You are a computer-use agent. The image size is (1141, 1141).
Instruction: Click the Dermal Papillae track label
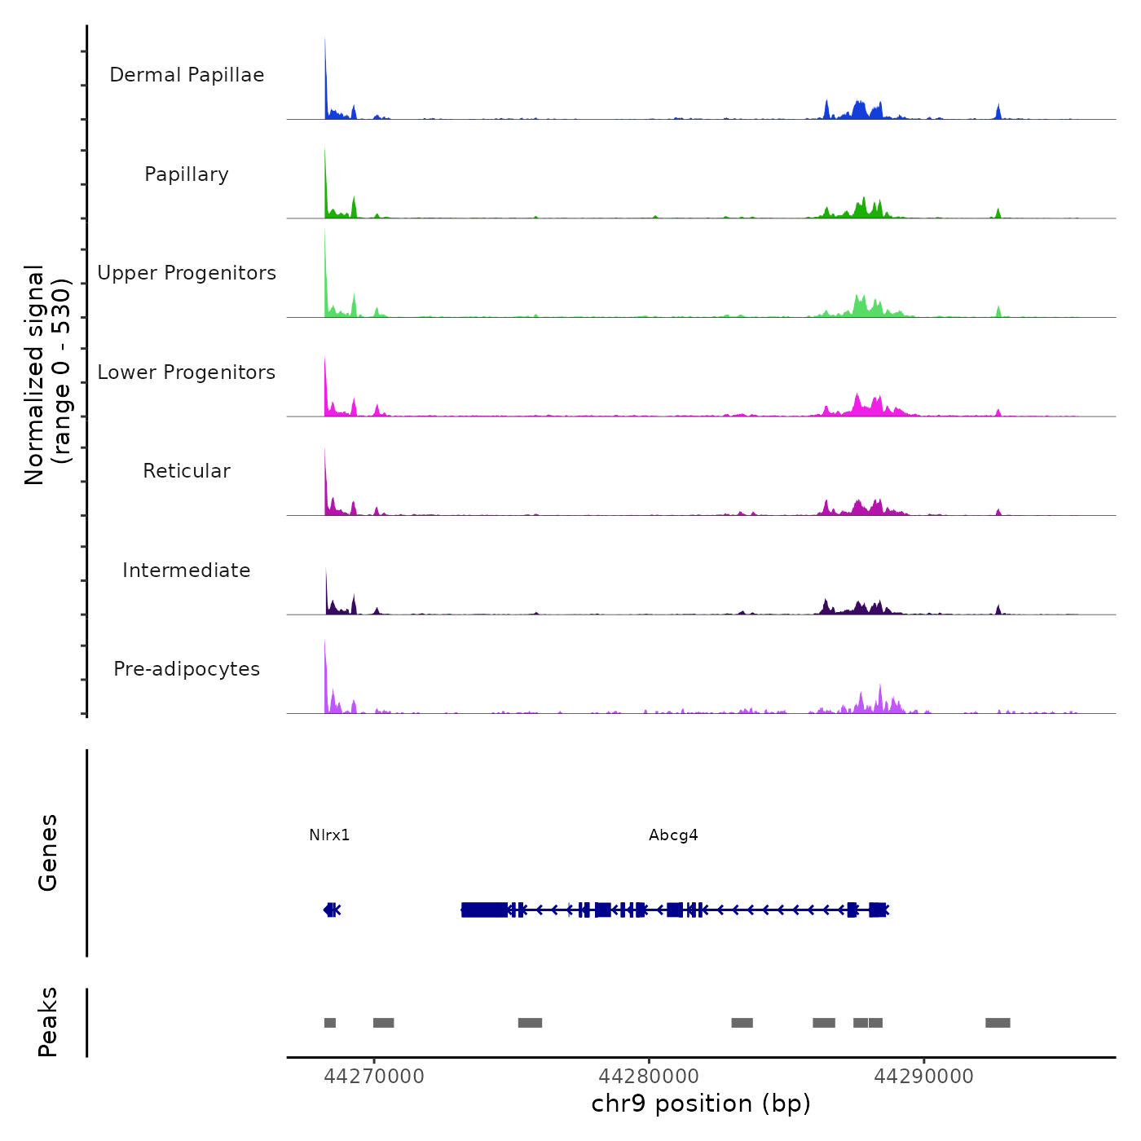187,75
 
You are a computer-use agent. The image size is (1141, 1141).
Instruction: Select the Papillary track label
187,174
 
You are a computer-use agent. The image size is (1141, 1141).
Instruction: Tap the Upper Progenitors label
187,273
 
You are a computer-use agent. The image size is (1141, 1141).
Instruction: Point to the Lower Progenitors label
187,372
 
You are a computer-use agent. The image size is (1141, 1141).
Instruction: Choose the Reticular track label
187,471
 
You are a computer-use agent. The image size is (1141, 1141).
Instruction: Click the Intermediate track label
187,570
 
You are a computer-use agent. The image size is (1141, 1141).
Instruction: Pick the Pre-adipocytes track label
187,669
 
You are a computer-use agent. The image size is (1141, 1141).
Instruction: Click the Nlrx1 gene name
329,835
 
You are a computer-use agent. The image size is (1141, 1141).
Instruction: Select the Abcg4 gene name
673,835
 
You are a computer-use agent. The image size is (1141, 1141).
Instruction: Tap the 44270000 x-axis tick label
374,1077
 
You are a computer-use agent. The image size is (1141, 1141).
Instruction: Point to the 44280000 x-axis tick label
649,1077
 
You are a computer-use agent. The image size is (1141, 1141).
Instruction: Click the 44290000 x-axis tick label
923,1077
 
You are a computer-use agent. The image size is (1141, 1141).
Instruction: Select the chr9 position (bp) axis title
701,1104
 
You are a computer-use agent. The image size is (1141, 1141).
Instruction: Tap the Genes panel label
48,852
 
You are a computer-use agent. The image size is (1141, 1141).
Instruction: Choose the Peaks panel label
48,1022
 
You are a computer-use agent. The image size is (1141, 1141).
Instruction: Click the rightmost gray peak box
998,1023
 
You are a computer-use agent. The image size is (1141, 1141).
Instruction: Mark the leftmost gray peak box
330,1023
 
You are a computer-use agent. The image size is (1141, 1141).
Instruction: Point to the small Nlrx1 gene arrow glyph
331,910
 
